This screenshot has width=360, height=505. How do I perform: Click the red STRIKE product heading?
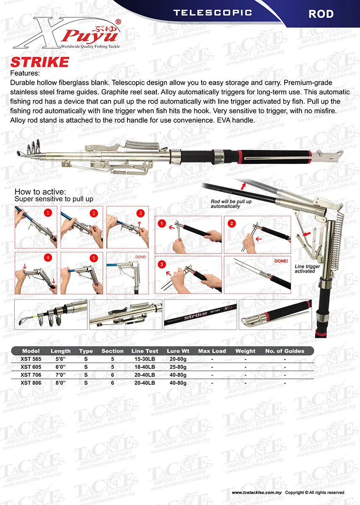pos(39,62)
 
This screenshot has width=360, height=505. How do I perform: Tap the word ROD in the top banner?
pos(321,14)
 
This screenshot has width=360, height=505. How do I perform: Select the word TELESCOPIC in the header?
pos(213,13)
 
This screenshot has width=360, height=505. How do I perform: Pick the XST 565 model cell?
pos(30,359)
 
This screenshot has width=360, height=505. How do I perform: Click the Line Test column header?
pos(145,351)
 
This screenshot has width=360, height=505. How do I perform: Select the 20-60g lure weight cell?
pos(178,359)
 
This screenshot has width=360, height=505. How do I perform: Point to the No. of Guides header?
pos(285,351)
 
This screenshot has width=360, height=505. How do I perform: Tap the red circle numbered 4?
pos(48,257)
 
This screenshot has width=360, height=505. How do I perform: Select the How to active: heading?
pos(40,192)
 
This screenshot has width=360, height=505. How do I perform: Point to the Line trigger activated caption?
pos(305,268)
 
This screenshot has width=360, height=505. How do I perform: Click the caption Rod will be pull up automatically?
pos(231,204)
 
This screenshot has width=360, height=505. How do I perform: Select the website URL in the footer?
pos(257,492)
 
